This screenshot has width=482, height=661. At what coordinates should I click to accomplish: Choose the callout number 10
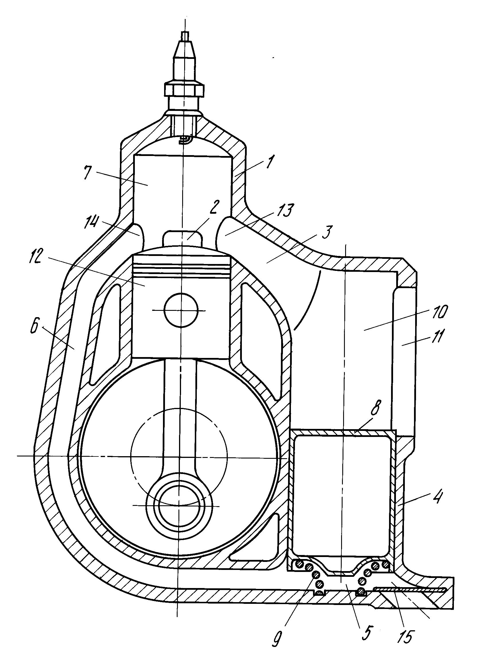[x=439, y=312]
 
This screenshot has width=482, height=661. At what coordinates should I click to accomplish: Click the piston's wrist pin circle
[x=181, y=310]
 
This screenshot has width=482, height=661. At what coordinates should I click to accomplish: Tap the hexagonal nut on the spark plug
[x=184, y=89]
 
